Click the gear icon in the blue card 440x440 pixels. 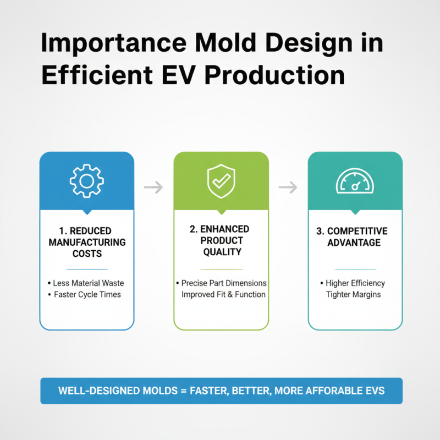click(86, 181)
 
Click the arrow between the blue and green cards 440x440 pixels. click(153, 188)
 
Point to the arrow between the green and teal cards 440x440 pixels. click(288, 188)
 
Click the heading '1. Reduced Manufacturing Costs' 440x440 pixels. click(87, 242)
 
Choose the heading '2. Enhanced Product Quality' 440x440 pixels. click(221, 240)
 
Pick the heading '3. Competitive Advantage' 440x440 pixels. click(355, 237)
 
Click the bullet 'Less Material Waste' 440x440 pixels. click(89, 283)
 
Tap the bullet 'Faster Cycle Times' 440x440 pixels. click(87, 294)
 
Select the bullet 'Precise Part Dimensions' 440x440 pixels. click(224, 283)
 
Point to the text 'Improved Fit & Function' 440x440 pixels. click(224, 294)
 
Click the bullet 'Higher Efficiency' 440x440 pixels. click(355, 283)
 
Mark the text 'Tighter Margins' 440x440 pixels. click(355, 294)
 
